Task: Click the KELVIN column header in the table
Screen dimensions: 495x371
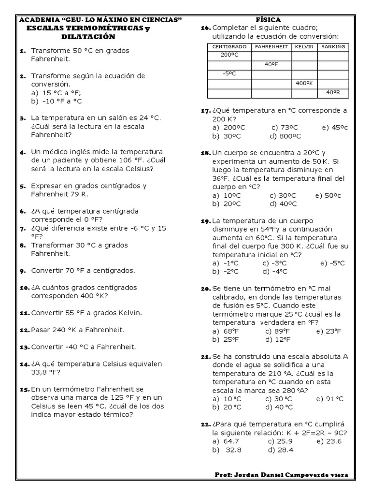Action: pos(304,46)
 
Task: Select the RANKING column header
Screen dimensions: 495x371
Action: pos(333,46)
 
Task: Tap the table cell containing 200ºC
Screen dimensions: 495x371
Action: pos(229,55)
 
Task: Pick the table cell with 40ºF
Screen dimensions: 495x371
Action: pos(271,64)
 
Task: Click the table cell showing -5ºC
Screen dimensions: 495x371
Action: pos(229,73)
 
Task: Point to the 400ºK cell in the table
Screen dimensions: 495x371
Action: pos(304,83)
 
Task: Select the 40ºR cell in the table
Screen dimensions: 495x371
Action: pos(333,92)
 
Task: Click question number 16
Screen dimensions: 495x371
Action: pos(204,28)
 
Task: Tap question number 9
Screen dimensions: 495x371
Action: pos(22,271)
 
